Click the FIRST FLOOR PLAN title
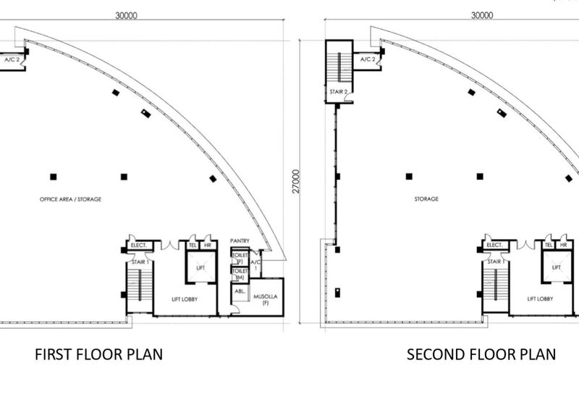tap(99, 354)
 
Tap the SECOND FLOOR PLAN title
tap(481, 354)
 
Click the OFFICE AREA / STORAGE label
tap(71, 199)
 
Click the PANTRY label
tap(240, 241)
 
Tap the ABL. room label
tap(239, 293)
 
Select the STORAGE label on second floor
tap(426, 199)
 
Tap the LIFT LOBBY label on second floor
tap(541, 299)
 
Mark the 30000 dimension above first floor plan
tap(129, 14)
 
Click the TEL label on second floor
tap(549, 245)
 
